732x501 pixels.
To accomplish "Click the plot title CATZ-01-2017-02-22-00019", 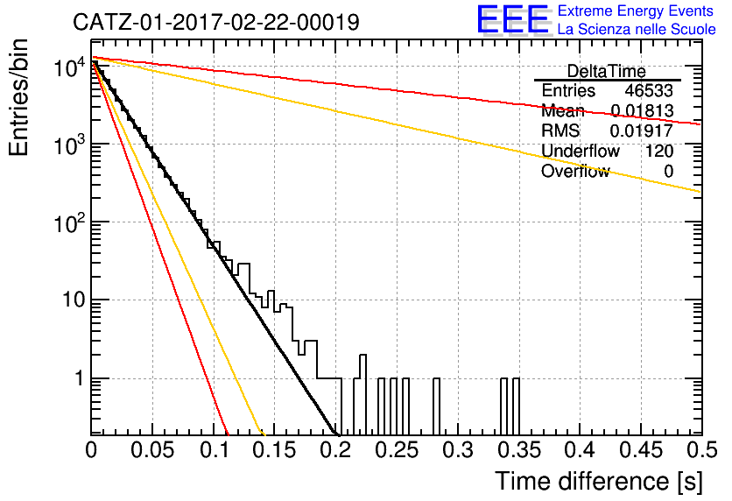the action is [x=216, y=22].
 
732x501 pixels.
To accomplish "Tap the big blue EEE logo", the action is [x=513, y=19].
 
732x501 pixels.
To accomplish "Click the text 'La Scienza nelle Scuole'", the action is [x=637, y=30].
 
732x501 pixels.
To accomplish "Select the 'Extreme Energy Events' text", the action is [x=636, y=11].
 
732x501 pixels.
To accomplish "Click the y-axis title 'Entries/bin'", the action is [x=18, y=97].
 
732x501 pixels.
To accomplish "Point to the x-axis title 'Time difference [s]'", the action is [x=599, y=481].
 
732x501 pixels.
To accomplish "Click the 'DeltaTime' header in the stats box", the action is [x=607, y=71].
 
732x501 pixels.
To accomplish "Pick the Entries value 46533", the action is [x=649, y=90].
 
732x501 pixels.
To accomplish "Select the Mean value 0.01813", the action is [x=642, y=110].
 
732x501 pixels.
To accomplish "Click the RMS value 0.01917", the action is [x=642, y=131].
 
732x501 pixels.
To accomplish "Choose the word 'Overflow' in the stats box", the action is [x=575, y=172].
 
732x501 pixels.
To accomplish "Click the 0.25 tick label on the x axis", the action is [x=397, y=450].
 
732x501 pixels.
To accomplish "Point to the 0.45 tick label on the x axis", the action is [x=641, y=450].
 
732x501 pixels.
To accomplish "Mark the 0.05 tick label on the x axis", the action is [x=152, y=450].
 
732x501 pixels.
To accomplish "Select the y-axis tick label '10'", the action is [x=74, y=300].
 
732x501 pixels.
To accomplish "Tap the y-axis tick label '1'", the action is [x=79, y=378].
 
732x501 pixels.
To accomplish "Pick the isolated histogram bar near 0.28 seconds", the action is [x=437, y=406].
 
